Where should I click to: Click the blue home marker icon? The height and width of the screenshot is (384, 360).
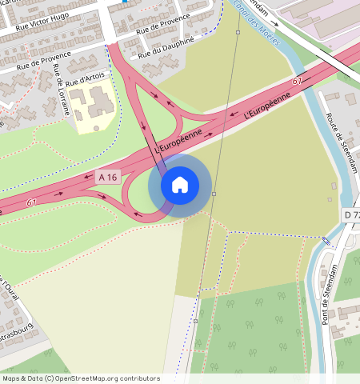click(180, 185)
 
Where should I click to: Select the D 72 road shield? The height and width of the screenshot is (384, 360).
click(352, 215)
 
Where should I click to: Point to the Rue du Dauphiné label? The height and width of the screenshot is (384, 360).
click(166, 46)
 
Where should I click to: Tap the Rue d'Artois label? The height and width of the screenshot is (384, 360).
click(84, 78)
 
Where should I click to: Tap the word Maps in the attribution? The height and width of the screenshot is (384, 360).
click(11, 378)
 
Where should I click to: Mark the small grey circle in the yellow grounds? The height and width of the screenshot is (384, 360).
click(97, 127)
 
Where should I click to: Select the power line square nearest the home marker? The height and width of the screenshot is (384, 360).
click(214, 194)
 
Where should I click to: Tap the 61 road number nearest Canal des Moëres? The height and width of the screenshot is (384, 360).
click(298, 82)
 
